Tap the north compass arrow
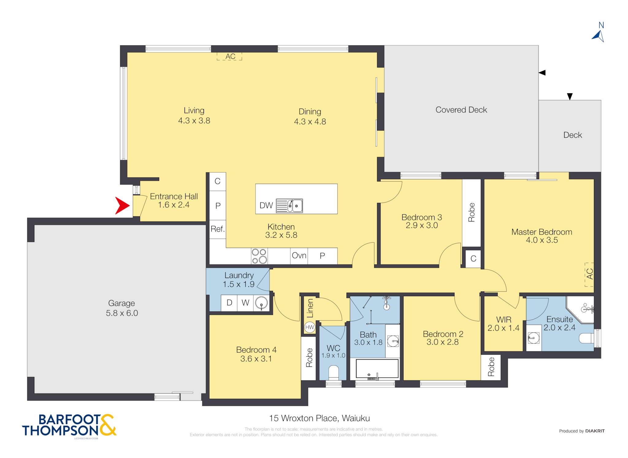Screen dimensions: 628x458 (598, 36)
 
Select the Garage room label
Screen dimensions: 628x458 (121, 303)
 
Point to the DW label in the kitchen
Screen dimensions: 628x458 (266, 205)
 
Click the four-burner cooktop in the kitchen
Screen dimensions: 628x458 (259, 256)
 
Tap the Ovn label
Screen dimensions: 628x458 (299, 255)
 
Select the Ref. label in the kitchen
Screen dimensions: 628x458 (218, 229)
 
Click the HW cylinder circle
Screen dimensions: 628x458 (310, 327)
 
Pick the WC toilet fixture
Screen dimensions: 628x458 (333, 372)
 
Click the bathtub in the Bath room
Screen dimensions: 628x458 (377, 369)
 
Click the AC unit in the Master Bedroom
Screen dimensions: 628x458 (589, 274)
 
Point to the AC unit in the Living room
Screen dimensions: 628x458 (229, 56)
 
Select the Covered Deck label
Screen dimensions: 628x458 (461, 110)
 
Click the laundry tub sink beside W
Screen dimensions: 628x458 (262, 303)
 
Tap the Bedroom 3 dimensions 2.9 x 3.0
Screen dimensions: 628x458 (422, 225)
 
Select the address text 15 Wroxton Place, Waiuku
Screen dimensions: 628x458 (320, 418)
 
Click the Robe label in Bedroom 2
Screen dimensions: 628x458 (491, 367)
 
